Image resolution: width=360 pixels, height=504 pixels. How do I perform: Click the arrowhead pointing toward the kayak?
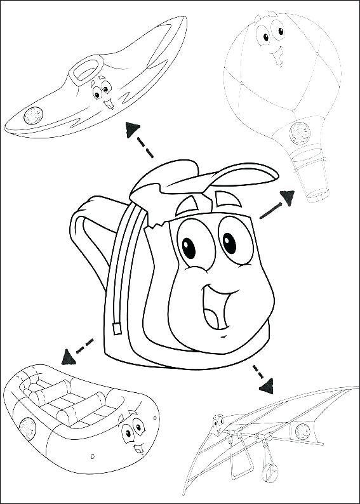point(132,129)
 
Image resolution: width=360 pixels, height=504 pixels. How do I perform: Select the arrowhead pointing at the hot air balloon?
point(288,198)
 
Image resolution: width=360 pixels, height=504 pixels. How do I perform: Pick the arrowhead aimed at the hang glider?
point(269,384)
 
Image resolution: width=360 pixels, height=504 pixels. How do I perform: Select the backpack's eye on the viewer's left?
point(189,249)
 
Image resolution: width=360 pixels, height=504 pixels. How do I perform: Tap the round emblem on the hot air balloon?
point(296,132)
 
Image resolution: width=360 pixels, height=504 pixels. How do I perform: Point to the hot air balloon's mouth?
point(277,58)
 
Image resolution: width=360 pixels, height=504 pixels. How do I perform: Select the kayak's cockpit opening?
point(84,69)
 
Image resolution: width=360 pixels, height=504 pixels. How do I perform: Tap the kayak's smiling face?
point(101,93)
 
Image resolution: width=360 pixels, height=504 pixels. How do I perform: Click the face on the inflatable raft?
point(130,434)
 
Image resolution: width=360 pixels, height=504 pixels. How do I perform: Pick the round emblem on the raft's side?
point(27,427)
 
